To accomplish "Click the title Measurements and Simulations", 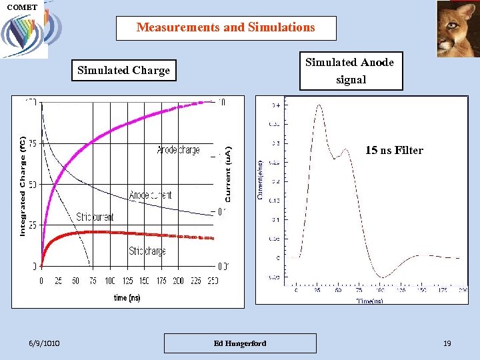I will pyautogui.click(x=226, y=28).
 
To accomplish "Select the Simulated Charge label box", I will pyautogui.click(x=124, y=70).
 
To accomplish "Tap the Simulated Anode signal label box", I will pyautogui.click(x=351, y=71).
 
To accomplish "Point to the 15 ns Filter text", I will pyautogui.click(x=394, y=151).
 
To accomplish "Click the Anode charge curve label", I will pyautogui.click(x=178, y=150).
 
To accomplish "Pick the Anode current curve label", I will pyautogui.click(x=150, y=195).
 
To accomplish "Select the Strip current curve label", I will pyautogui.click(x=95, y=217).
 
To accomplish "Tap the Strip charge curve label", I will pyautogui.click(x=147, y=251).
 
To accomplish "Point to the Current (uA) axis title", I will pyautogui.click(x=228, y=175).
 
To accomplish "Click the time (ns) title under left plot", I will pyautogui.click(x=127, y=297).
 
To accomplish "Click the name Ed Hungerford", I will pyautogui.click(x=240, y=343).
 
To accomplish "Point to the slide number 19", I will pyautogui.click(x=447, y=343).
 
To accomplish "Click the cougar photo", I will pyautogui.click(x=457, y=29).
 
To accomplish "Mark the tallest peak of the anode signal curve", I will pyautogui.click(x=319, y=105).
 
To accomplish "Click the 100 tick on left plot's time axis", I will pyautogui.click(x=109, y=281).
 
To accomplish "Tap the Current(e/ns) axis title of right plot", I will pyautogui.click(x=260, y=180).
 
